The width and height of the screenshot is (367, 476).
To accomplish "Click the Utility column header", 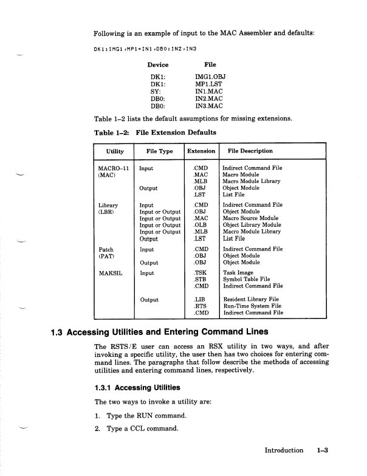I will [x=115, y=151].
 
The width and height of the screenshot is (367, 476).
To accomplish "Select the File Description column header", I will [x=250, y=151].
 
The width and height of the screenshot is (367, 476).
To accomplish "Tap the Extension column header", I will [x=201, y=151].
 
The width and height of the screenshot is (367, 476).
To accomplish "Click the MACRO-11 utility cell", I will [x=114, y=168].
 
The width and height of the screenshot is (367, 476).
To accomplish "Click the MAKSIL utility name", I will [x=111, y=274].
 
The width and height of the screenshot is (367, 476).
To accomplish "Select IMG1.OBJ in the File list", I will [x=210, y=78].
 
